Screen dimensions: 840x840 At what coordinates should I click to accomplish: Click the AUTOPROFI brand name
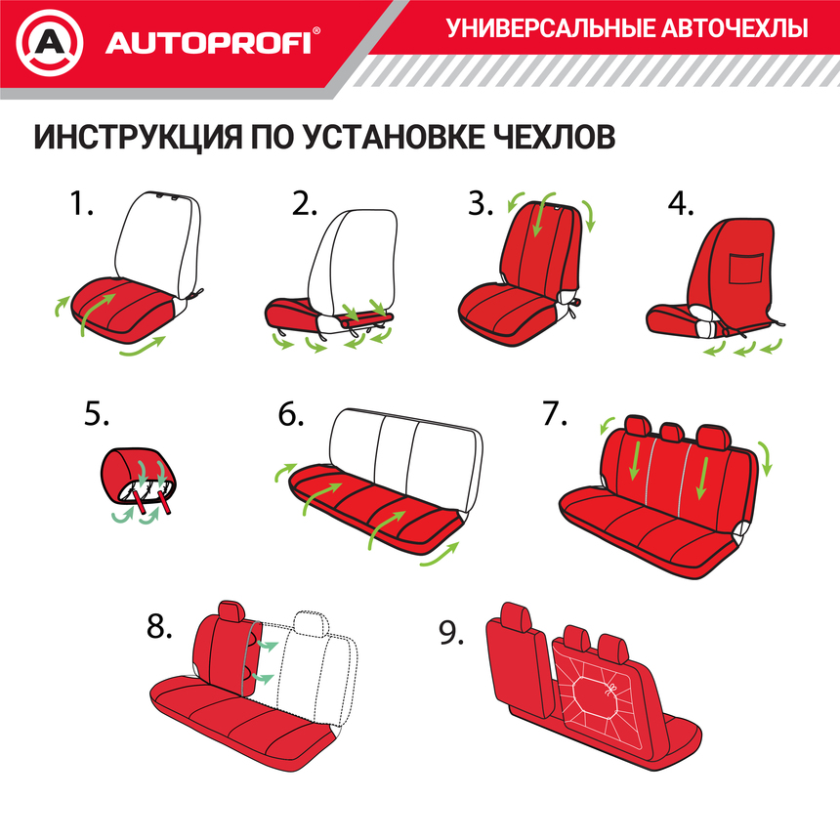coord(208,44)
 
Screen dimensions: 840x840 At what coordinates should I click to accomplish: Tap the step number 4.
coord(681,204)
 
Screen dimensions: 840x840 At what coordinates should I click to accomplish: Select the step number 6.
coord(290,414)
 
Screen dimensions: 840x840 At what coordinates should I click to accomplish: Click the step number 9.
coord(450,634)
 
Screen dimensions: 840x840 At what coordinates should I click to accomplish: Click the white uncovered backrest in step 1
coord(158,239)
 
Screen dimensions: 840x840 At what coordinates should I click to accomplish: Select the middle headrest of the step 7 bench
coord(672,433)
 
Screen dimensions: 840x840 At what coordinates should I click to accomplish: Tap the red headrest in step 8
coord(231,612)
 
